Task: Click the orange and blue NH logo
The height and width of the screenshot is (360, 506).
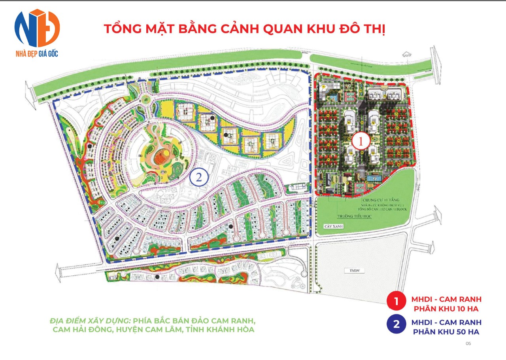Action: [x=37, y=28]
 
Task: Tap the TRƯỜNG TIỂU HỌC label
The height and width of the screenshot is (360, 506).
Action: [x=352, y=217]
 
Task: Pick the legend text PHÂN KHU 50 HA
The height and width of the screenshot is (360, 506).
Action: [x=446, y=332]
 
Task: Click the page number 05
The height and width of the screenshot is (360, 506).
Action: [x=468, y=343]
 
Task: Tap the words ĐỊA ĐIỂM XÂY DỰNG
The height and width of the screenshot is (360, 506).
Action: [x=90, y=320]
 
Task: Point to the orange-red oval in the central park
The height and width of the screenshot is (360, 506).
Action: [x=162, y=156]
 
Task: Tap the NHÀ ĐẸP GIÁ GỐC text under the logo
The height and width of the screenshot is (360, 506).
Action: [x=37, y=53]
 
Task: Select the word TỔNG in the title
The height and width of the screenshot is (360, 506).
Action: [x=119, y=30]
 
